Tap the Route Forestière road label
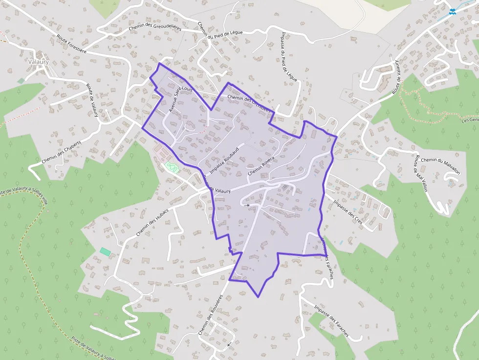pos(71,43)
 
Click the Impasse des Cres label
pos(348,212)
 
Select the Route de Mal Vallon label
pos(420,173)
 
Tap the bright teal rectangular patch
pos(106,252)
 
